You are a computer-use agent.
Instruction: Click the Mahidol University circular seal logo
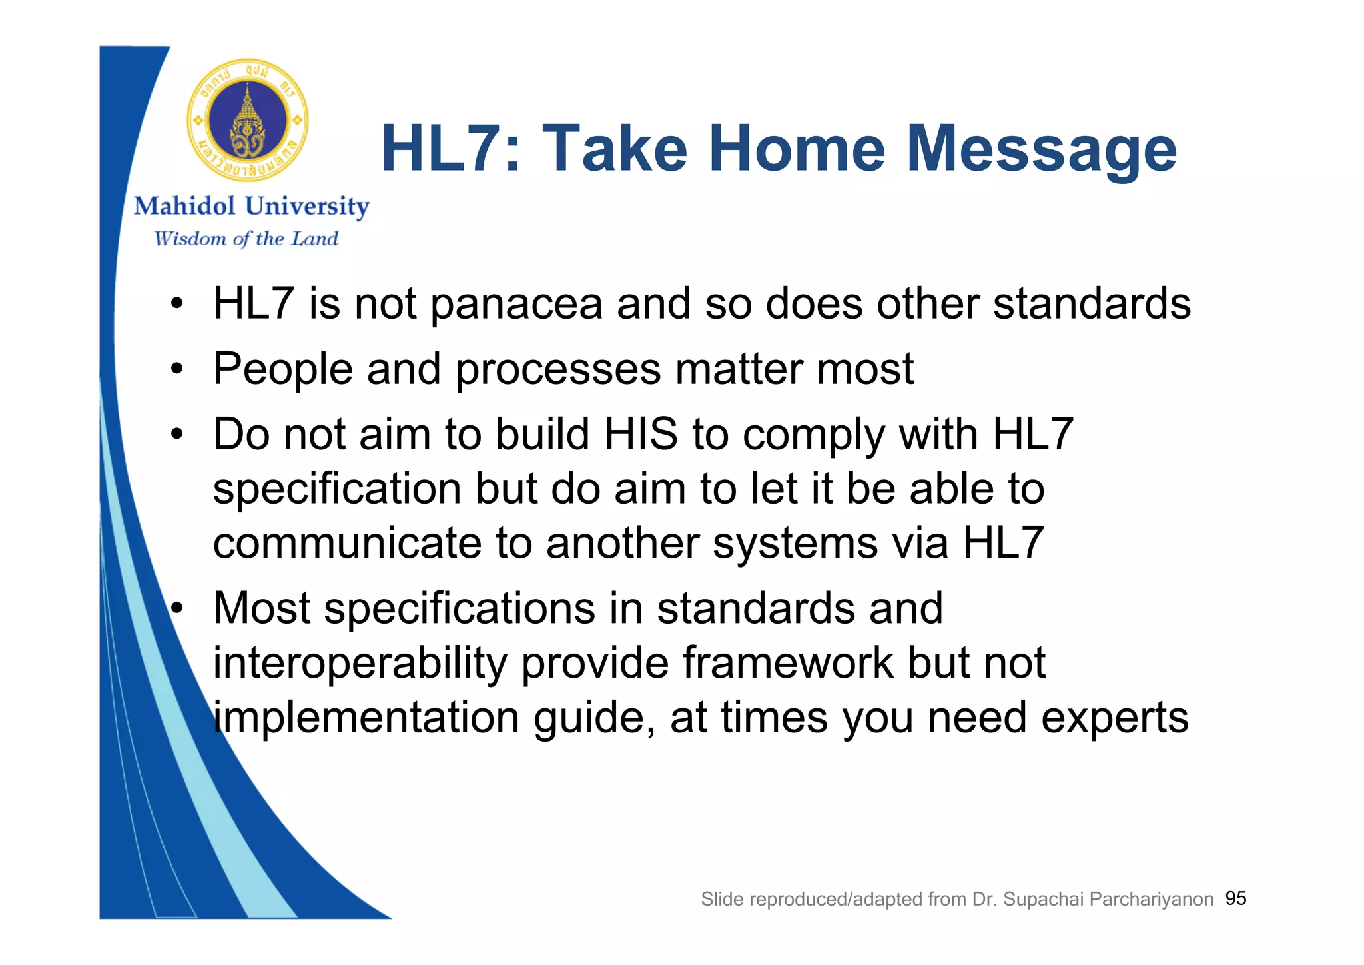(248, 121)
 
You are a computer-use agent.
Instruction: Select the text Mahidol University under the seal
(251, 206)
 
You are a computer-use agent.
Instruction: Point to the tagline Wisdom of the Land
(246, 239)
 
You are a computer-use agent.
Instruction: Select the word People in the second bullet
(282, 369)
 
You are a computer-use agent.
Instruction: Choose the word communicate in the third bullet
(347, 543)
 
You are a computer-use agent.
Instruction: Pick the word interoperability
(360, 664)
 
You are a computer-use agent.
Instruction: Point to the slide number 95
(1235, 898)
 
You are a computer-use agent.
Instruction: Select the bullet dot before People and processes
(176, 369)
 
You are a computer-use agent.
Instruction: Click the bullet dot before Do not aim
(176, 435)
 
